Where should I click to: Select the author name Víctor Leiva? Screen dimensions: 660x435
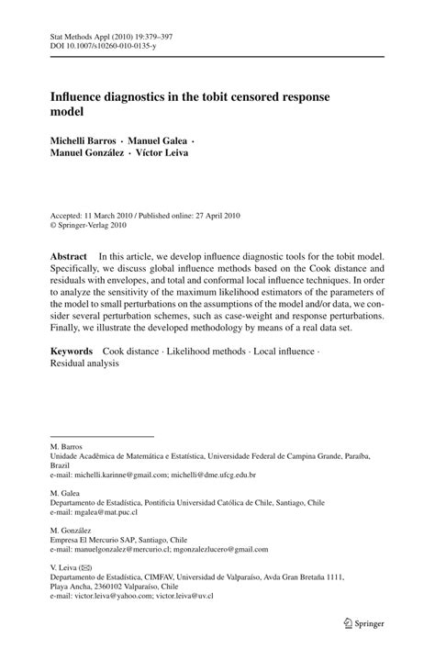point(217,152)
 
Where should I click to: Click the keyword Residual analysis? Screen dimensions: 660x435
point(85,364)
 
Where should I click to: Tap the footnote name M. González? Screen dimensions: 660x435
point(72,530)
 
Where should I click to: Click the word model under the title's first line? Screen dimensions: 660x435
point(69,112)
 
